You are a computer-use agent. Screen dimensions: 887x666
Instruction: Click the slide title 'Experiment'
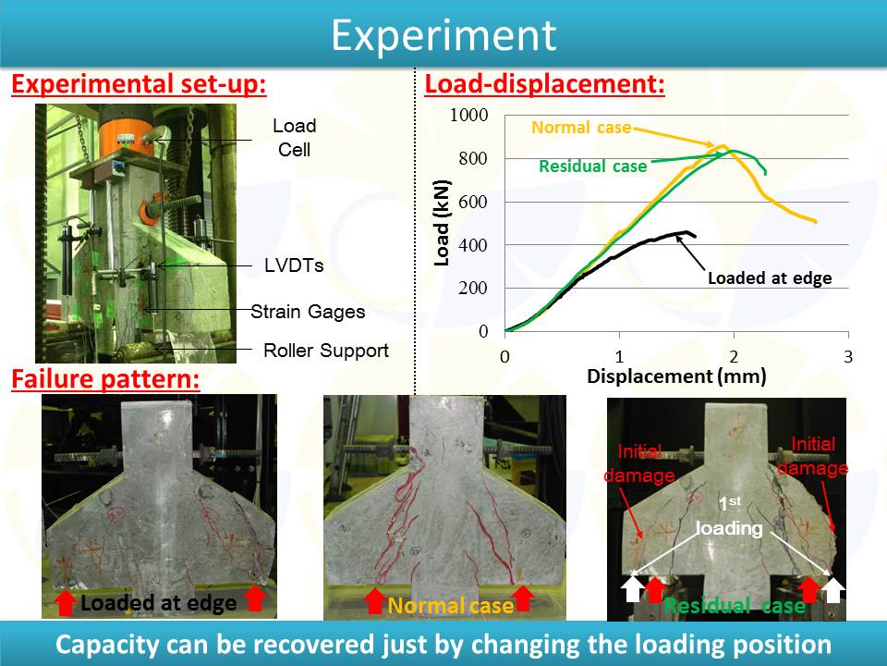(443, 36)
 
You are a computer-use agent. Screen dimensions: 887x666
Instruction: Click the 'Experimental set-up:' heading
(140, 84)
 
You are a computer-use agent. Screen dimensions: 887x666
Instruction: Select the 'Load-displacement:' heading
(545, 84)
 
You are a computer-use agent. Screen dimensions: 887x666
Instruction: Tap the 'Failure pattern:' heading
(105, 379)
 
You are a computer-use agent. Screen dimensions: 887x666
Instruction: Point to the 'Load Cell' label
(294, 138)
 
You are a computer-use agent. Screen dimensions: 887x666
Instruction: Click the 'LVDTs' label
(294, 265)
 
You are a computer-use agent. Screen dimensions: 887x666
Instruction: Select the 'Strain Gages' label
(309, 312)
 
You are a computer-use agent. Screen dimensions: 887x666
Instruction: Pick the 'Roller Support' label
(326, 351)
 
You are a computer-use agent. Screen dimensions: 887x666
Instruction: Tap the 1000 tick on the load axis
(469, 115)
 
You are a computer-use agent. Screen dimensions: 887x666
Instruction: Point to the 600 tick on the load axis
(473, 202)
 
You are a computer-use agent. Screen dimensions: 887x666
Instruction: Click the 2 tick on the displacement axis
(734, 357)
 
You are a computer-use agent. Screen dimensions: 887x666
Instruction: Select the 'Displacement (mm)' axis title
(676, 376)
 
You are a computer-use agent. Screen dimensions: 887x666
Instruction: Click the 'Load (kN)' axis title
(442, 223)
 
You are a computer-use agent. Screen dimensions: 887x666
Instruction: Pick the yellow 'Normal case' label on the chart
(581, 128)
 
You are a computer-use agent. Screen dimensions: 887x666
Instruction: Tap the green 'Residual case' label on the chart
(593, 166)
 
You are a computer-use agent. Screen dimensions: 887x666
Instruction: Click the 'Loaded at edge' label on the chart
(770, 278)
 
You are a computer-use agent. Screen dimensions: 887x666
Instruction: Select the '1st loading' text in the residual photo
(729, 515)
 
